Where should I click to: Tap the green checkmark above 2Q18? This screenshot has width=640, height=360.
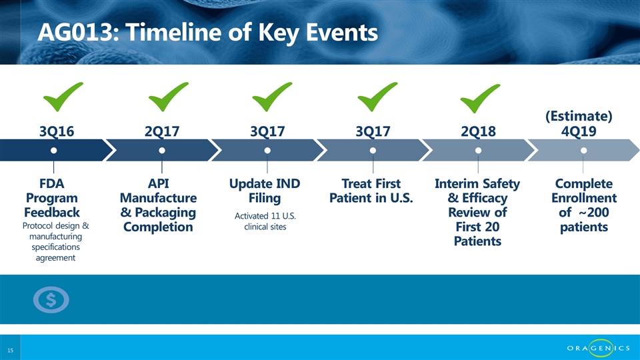(479, 99)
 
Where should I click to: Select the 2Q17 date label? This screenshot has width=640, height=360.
(162, 131)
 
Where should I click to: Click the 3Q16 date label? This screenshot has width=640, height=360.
(57, 131)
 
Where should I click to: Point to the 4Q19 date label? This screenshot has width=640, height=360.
(579, 131)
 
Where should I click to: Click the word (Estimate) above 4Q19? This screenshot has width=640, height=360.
(579, 116)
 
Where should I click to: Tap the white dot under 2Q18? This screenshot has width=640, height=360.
(479, 151)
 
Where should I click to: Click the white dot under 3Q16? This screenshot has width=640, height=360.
(53, 151)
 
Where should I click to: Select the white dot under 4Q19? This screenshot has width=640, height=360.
(584, 151)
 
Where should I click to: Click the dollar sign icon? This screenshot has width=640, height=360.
(51, 300)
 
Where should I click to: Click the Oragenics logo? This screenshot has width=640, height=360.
(599, 348)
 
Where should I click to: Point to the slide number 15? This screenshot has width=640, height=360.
(10, 350)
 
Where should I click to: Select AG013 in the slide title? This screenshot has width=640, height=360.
(75, 32)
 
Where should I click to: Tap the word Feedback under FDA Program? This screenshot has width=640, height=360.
(52, 212)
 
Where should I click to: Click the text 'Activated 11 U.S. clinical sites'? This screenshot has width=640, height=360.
(265, 221)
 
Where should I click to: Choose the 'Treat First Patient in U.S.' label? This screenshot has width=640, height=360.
(371, 191)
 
